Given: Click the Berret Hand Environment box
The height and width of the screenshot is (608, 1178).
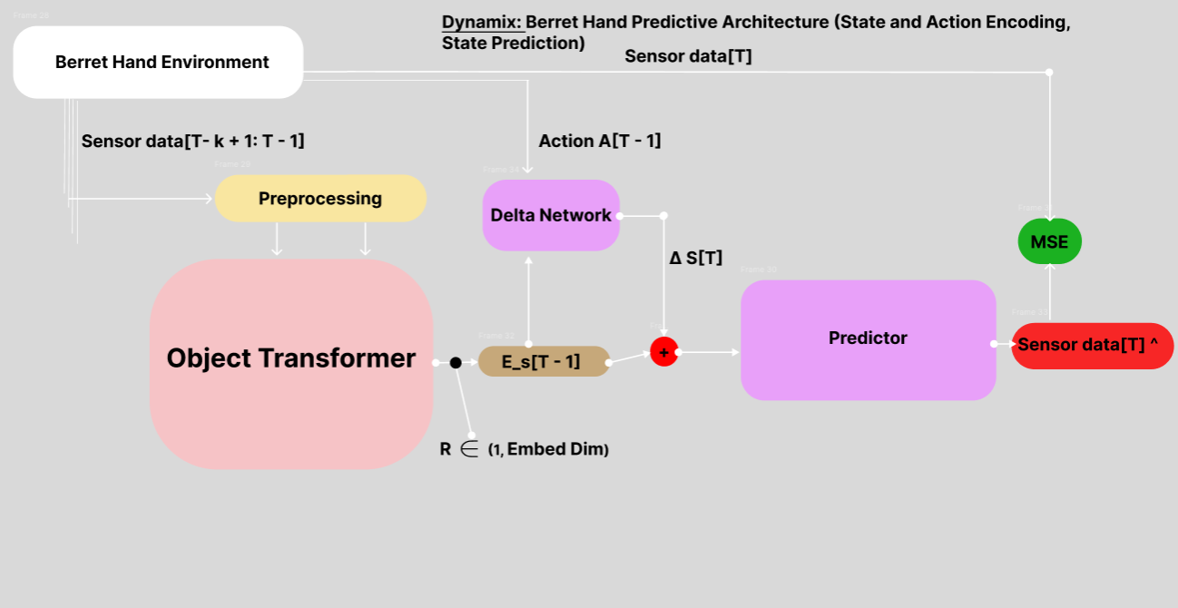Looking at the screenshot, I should (x=158, y=62).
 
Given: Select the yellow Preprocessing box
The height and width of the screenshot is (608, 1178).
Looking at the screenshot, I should (x=320, y=199).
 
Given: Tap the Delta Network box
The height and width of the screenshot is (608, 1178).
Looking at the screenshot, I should (x=551, y=215).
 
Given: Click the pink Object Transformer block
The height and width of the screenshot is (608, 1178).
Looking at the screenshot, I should (x=290, y=363).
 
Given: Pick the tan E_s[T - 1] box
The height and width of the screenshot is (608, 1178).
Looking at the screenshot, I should (x=543, y=361).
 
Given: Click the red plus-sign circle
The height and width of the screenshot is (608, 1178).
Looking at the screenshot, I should (x=664, y=352).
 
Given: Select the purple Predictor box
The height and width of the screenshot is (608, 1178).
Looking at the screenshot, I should (x=868, y=339).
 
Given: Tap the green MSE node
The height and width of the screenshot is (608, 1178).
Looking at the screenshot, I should (x=1049, y=242).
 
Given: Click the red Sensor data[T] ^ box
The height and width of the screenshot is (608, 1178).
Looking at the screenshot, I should (x=1092, y=346).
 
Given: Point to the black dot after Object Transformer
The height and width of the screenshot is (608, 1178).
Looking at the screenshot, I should (x=456, y=363).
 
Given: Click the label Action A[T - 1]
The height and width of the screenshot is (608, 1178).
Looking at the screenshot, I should (x=599, y=142).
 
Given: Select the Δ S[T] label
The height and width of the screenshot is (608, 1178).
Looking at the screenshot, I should (x=695, y=258).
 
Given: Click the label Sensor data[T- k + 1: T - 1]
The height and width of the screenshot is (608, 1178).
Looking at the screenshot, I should (x=192, y=142).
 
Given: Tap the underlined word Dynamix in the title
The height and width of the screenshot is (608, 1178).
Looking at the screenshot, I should (x=482, y=23).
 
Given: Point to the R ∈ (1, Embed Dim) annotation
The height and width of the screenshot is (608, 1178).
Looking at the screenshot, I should (x=524, y=449).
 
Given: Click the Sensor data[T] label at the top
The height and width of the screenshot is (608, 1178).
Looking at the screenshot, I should (x=688, y=56).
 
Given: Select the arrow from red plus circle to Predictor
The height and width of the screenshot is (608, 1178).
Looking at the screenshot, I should (x=708, y=352).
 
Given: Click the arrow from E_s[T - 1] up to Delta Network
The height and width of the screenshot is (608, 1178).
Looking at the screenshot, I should (x=528, y=299).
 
